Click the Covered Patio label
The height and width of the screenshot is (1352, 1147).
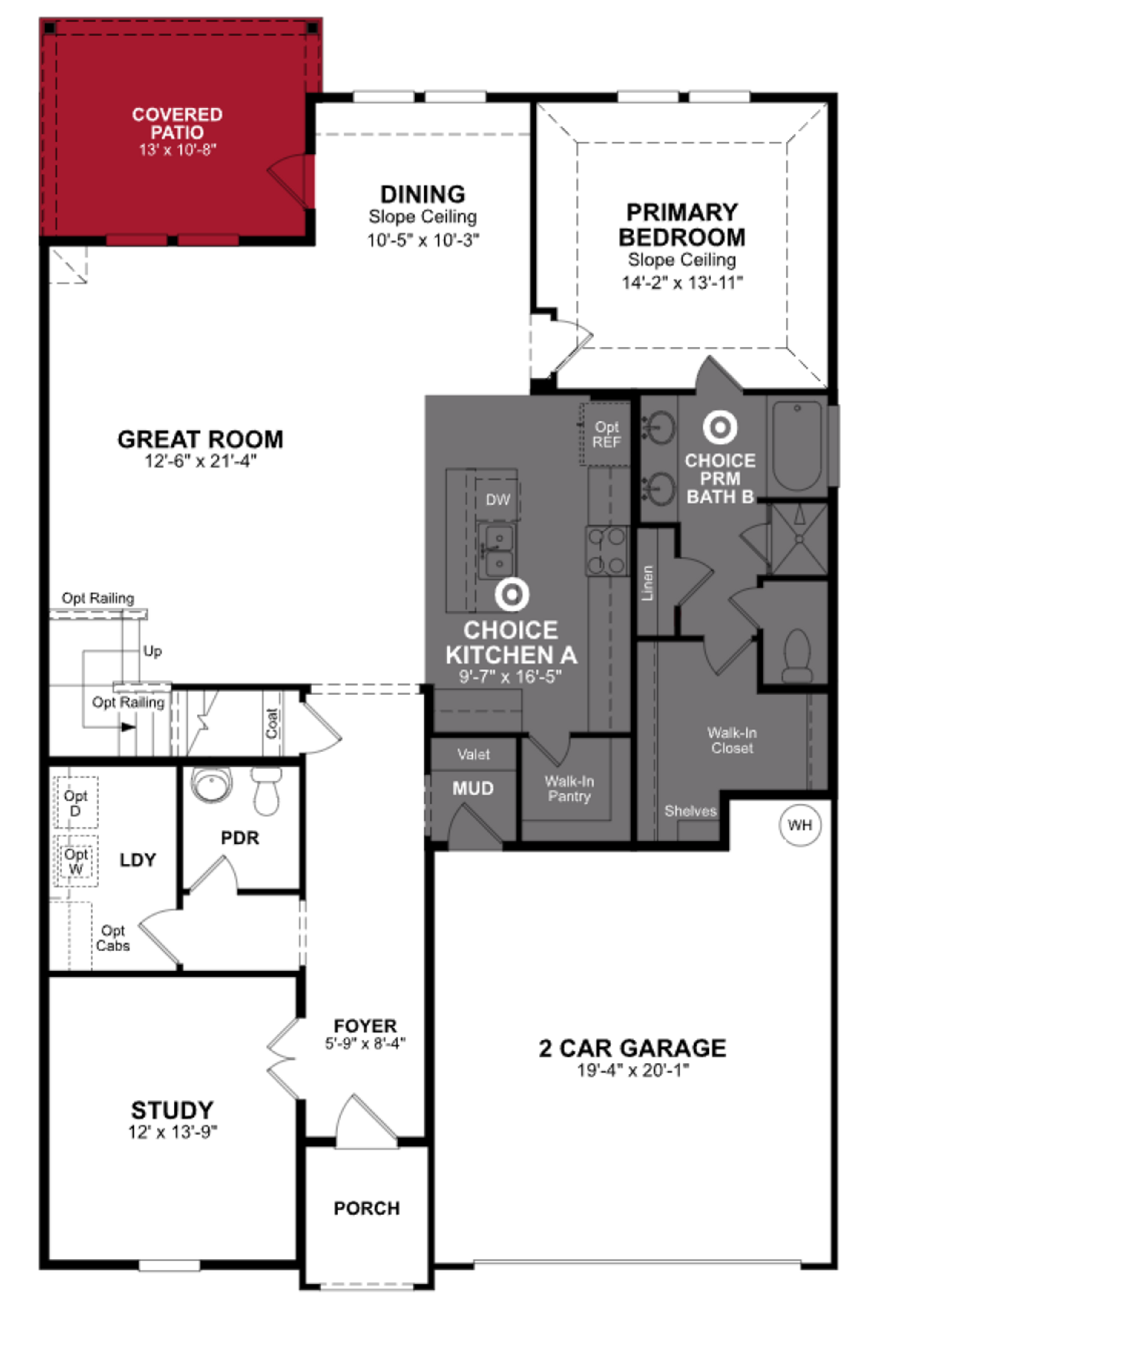177,124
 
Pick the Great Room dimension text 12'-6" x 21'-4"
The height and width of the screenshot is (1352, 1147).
200,461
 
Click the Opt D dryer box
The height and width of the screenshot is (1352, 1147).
76,802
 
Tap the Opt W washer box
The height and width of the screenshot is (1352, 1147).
76,861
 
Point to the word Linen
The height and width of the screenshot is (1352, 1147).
647,583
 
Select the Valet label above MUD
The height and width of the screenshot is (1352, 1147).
473,754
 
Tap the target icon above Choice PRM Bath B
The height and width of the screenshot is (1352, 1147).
720,427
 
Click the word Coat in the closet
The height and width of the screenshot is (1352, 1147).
272,723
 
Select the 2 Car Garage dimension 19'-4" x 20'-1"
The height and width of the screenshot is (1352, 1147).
633,1070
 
